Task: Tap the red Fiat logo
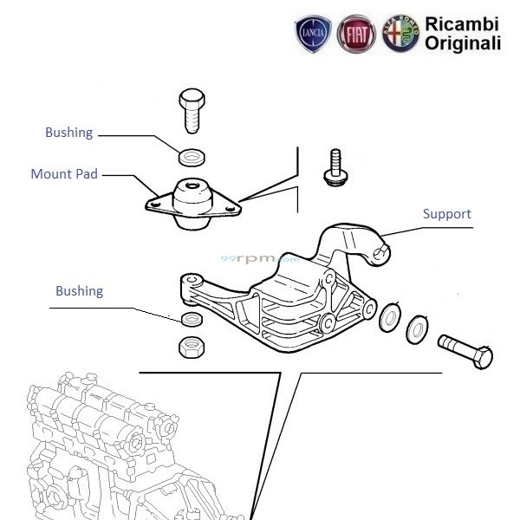coord(356,35)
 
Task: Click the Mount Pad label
coord(64,174)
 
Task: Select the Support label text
coord(446,213)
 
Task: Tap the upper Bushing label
coord(68,133)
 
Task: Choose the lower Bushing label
coord(79,291)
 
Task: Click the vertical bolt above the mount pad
coord(192,110)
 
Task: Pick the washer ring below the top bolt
coord(192,157)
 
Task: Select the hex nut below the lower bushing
coord(192,348)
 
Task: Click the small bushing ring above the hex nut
coord(191,320)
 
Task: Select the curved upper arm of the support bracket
coord(351,242)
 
